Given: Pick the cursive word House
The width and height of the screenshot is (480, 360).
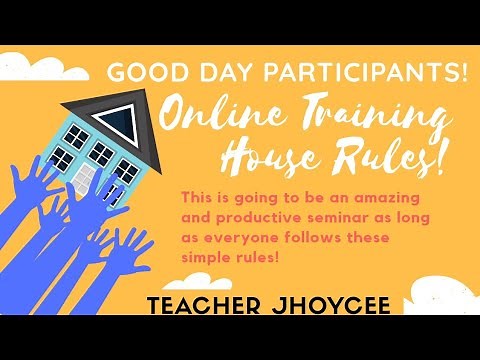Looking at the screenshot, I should click(291, 156).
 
